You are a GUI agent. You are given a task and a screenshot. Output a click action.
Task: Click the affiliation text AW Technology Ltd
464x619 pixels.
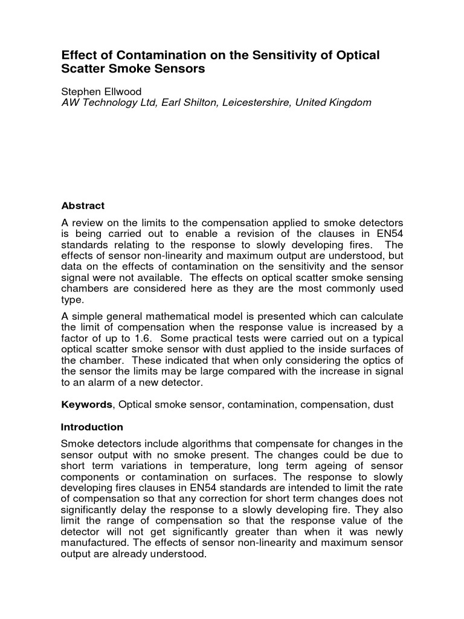108,103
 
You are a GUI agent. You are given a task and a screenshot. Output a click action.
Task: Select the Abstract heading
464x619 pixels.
83,206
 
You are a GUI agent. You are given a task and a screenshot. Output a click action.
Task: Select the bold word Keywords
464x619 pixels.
87,404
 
